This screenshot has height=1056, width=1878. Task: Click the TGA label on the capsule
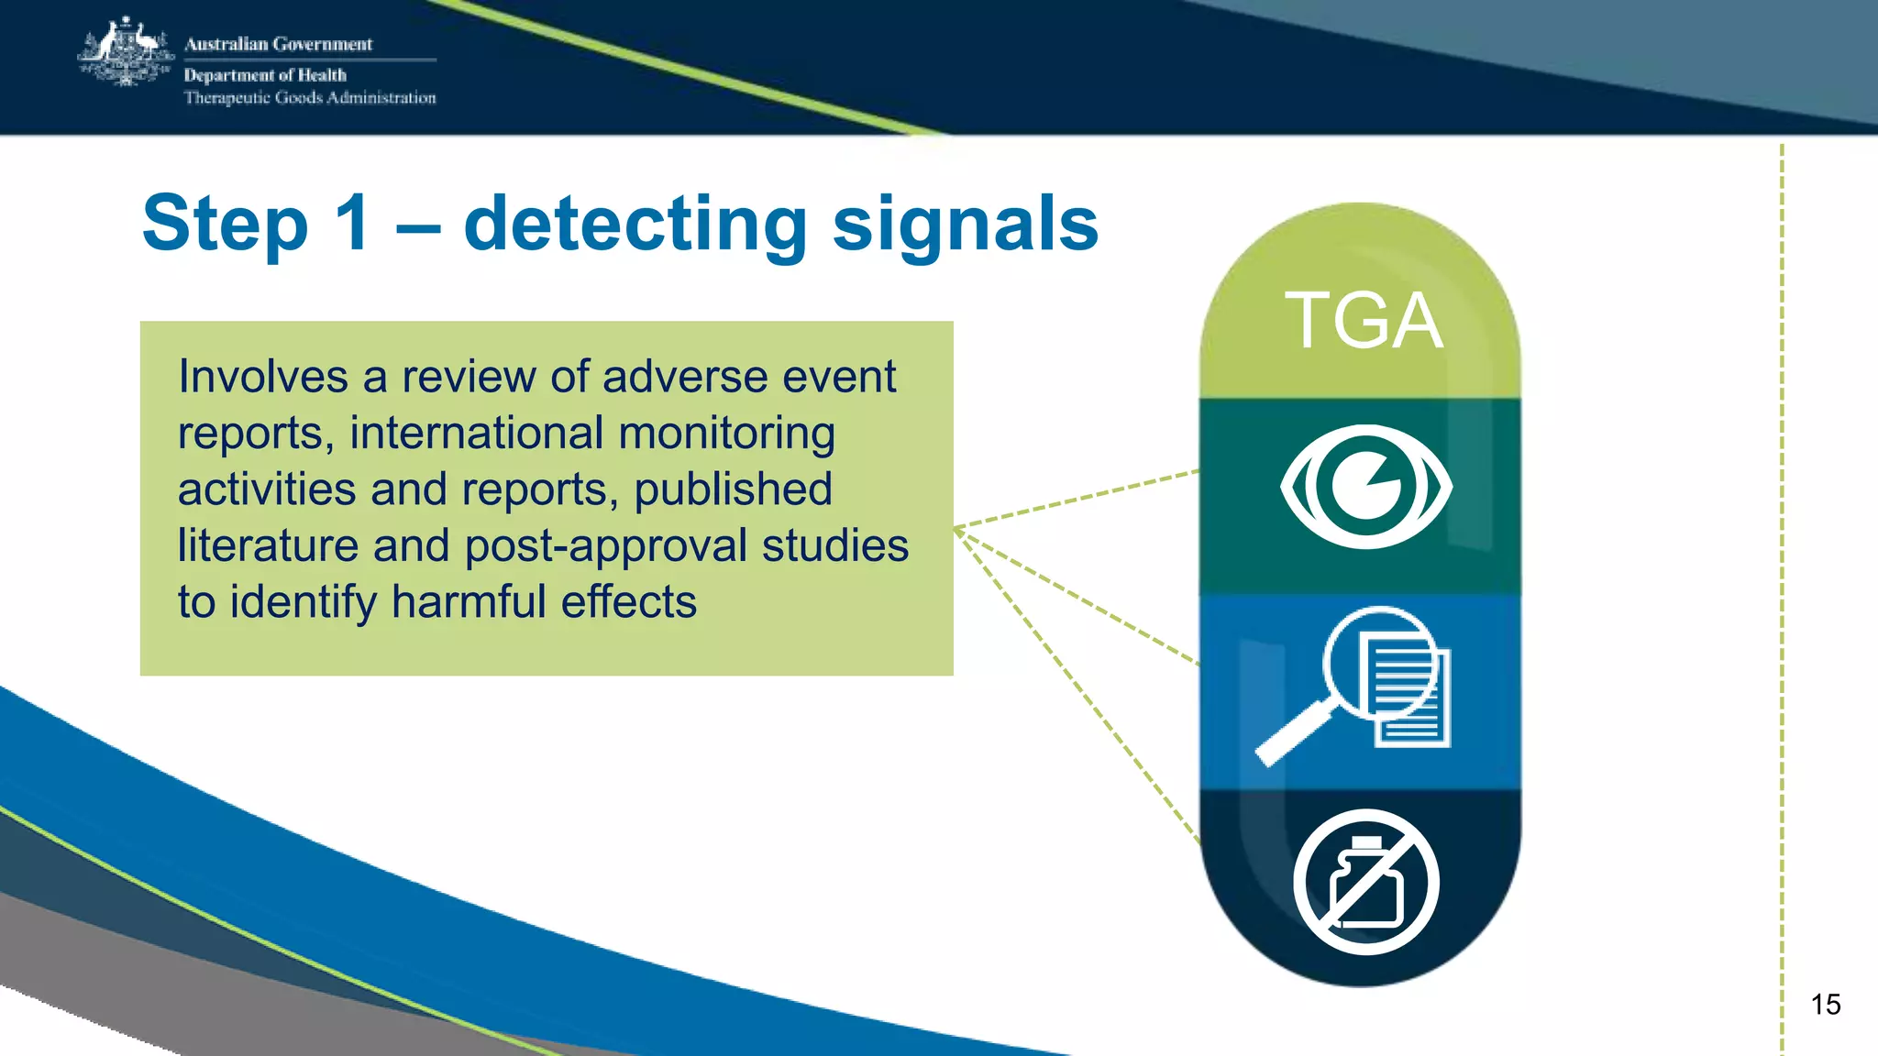coord(1364,321)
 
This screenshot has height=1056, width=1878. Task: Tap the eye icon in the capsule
coord(1365,486)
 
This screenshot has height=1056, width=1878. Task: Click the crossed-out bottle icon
coord(1365,882)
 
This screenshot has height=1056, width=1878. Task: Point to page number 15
coord(1825,1005)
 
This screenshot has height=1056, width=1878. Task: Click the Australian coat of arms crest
coord(126,53)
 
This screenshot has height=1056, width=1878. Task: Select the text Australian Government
coord(278,44)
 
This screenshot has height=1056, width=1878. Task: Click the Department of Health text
coord(265,75)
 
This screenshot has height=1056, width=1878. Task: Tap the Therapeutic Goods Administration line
coord(309,98)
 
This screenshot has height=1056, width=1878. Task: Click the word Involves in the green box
coord(262,377)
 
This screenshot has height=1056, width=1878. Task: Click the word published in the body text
coord(733,489)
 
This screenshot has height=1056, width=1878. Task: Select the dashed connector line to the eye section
coord(1077,500)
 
